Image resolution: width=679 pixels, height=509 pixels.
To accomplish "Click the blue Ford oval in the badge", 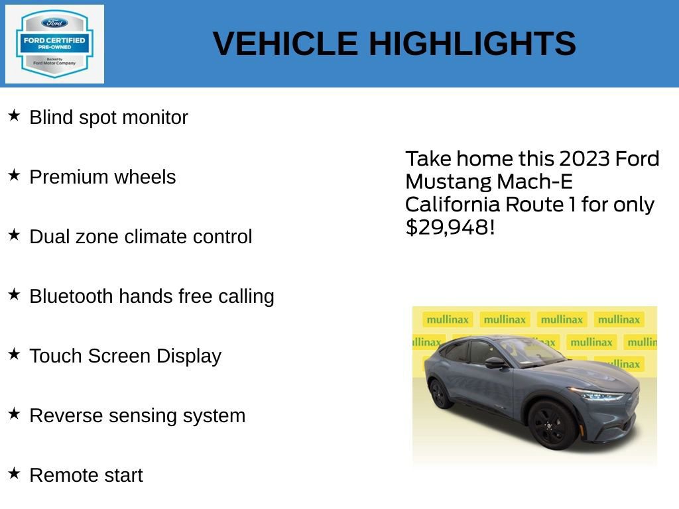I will point(54,23).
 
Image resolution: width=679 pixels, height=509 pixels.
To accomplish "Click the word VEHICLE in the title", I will point(285,44).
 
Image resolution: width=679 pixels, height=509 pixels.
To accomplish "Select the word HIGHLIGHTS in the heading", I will point(472,44).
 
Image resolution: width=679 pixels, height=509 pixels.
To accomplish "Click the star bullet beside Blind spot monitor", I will point(14,115).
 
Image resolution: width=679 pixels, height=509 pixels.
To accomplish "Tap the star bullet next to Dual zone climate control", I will point(14,235).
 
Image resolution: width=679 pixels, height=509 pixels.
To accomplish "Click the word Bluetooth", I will point(71,296).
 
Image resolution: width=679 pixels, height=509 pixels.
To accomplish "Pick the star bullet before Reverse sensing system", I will point(14,414).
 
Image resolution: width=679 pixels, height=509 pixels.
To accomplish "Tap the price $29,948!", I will point(450,227).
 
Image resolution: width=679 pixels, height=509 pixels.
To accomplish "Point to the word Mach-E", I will point(534,182).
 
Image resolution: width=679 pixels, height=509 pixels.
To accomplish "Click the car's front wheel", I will point(552,424).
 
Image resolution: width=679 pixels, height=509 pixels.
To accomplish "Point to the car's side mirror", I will point(494,363).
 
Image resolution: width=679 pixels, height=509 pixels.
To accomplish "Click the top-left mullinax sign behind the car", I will point(447,319).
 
